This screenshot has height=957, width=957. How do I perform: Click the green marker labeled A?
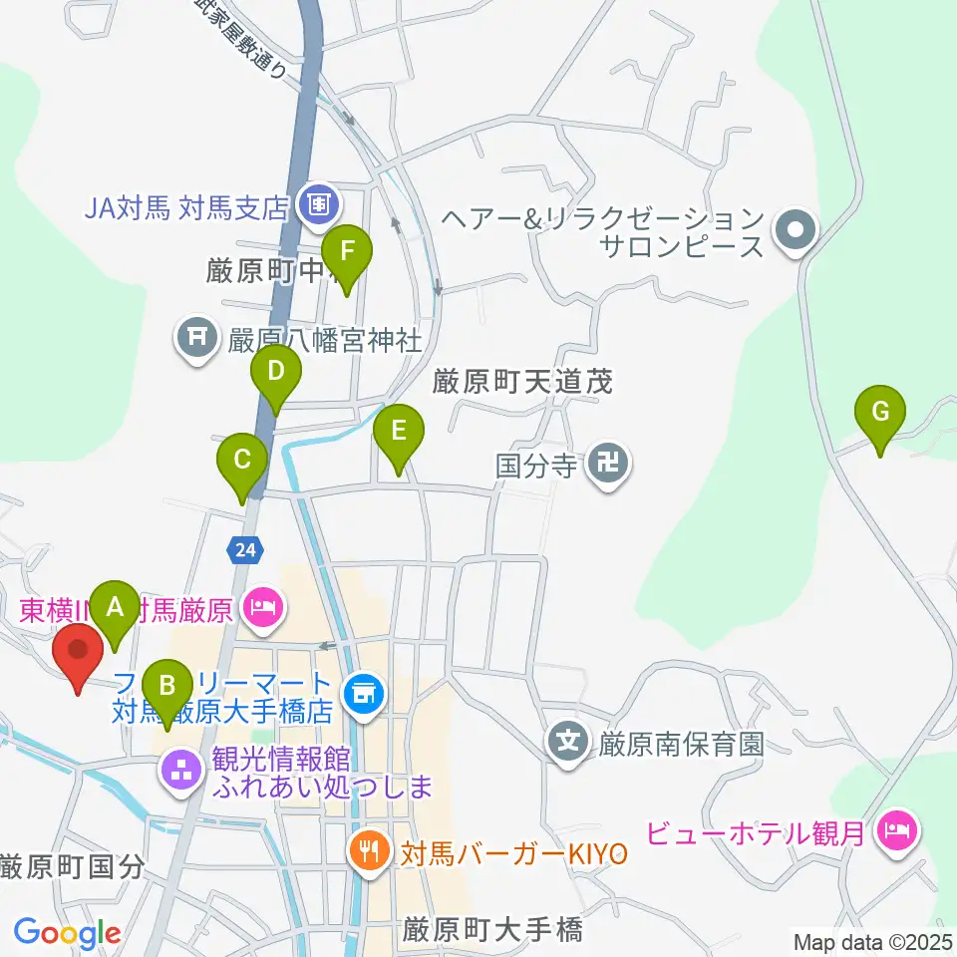tap(115, 607)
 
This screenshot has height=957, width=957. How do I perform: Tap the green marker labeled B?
tap(167, 687)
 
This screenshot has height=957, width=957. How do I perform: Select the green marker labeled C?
tap(242, 461)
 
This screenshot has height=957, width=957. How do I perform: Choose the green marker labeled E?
tap(399, 432)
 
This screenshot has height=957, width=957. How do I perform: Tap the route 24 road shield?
tap(246, 547)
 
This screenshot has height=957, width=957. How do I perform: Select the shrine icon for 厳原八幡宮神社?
tap(196, 339)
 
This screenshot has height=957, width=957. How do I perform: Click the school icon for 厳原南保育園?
tap(568, 743)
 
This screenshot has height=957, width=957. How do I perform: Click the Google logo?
tap(67, 934)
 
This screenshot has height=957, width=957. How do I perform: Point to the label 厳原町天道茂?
tap(521, 381)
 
